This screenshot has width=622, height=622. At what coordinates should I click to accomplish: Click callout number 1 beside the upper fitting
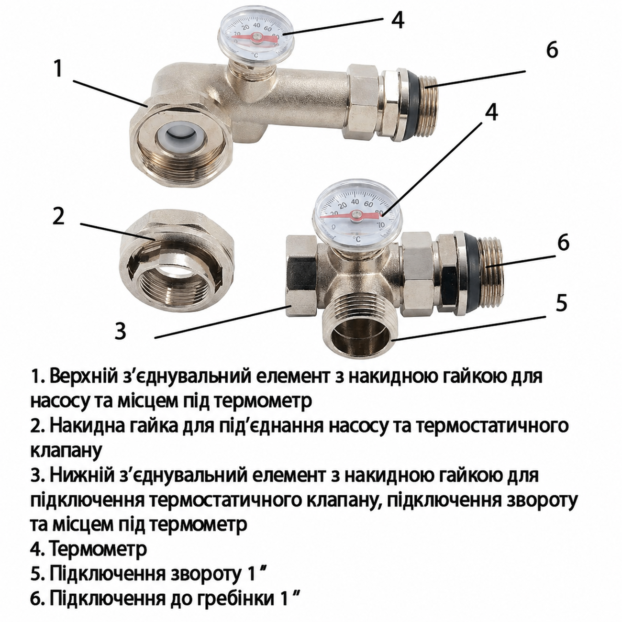pyautogui.click(x=58, y=68)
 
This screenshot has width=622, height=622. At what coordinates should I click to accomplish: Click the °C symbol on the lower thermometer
pyautogui.click(x=356, y=239)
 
